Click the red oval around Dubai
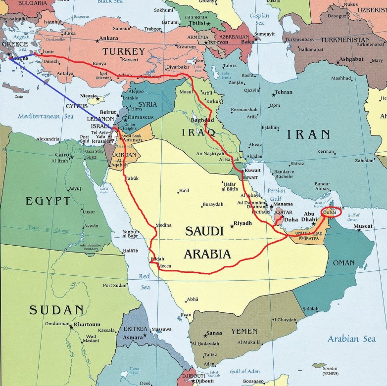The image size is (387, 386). [330, 212]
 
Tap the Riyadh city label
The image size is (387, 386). [242, 223]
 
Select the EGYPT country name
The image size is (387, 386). [48, 201]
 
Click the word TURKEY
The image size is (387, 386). [124, 51]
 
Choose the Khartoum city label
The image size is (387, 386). [87, 325]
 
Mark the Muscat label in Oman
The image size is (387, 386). [364, 226]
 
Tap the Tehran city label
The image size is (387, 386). [284, 92]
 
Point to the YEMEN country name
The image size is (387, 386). [244, 331]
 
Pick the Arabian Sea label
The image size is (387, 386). [351, 339]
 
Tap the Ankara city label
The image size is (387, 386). [109, 38]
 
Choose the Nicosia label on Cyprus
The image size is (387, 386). [89, 96]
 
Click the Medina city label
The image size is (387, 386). [163, 225]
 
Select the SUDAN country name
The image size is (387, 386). [56, 310]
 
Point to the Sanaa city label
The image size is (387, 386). [214, 333]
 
